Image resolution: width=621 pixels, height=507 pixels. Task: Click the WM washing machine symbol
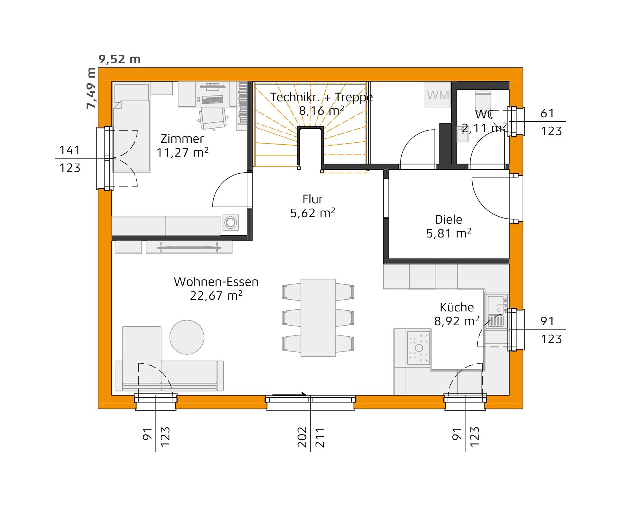[437, 95]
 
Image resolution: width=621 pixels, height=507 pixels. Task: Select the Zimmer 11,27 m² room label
[182, 145]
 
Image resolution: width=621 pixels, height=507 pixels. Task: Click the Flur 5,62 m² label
[312, 206]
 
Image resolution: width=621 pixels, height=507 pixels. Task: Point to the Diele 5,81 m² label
[449, 226]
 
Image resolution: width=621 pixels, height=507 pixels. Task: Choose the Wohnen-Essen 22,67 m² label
[216, 288]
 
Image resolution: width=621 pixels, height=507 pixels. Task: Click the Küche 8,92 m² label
[456, 314]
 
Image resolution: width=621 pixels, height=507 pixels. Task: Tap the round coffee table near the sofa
[187, 337]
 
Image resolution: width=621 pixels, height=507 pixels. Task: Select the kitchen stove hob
[418, 347]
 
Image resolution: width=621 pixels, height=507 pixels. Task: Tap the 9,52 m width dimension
[120, 59]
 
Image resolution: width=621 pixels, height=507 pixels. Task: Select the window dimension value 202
[302, 437]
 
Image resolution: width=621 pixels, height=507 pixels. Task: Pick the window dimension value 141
[70, 150]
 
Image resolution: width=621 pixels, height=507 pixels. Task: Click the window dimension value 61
[547, 113]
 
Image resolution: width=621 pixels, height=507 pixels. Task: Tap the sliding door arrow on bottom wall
[289, 394]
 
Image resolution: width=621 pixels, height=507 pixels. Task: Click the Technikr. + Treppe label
[321, 97]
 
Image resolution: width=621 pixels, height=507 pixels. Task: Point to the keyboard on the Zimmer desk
[212, 99]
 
